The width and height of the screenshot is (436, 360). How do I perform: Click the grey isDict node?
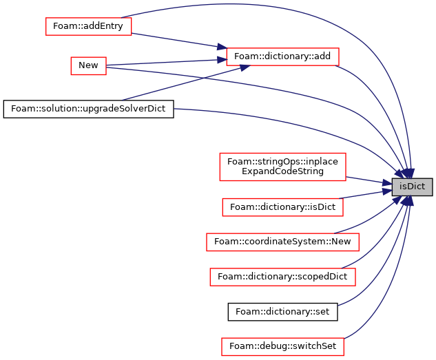point(412,187)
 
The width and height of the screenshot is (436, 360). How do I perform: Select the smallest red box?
point(88,65)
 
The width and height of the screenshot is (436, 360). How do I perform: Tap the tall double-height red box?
point(282,167)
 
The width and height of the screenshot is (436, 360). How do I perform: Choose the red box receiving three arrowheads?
point(282,56)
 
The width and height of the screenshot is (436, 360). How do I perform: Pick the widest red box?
point(282,242)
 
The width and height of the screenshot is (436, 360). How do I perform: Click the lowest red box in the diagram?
point(282,346)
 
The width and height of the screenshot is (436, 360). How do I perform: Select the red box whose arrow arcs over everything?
point(88,26)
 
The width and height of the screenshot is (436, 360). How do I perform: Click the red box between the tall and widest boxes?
point(282,207)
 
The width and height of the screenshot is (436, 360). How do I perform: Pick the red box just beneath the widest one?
point(282,277)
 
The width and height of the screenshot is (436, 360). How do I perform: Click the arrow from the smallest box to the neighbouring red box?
point(165,63)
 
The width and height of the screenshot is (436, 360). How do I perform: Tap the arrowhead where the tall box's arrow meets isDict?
point(387,183)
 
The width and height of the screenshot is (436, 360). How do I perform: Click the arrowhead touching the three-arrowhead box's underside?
point(243,67)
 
